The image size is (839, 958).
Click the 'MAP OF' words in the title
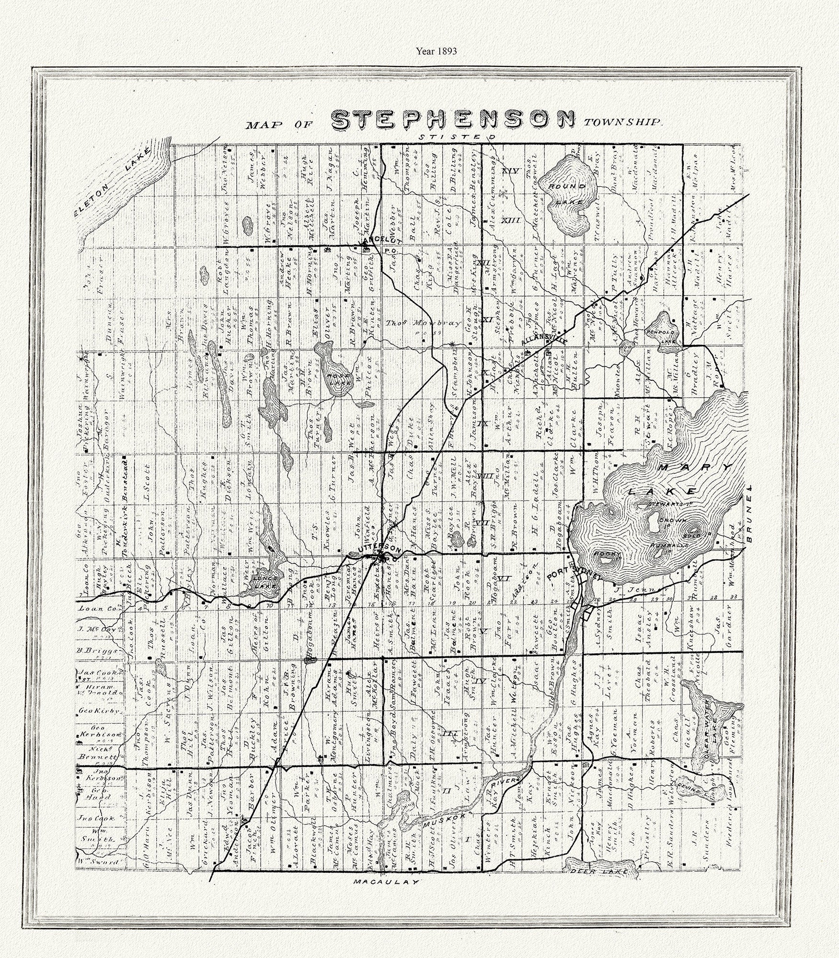[278, 126]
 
